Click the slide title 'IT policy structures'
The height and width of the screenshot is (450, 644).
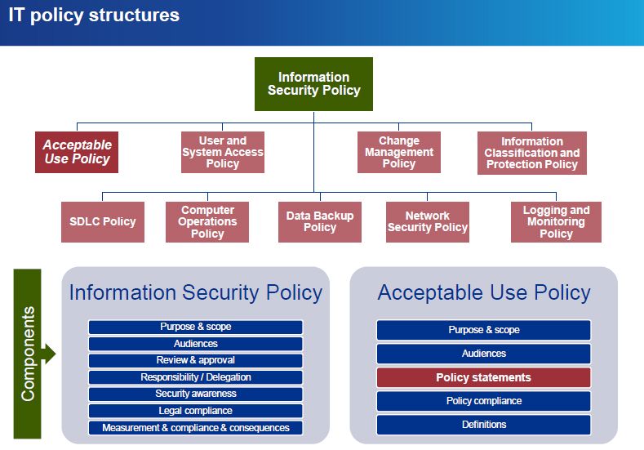(x=94, y=15)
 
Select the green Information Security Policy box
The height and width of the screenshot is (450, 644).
(x=313, y=84)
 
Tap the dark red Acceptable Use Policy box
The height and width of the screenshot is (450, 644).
(x=77, y=152)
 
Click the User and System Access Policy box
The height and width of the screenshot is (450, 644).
(x=222, y=152)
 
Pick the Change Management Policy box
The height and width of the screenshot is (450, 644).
(x=398, y=152)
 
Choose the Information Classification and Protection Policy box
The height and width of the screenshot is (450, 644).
(x=531, y=153)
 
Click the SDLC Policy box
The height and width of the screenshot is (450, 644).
(x=102, y=221)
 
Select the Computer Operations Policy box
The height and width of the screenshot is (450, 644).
(x=207, y=222)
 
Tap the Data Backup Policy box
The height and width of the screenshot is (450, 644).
(x=319, y=222)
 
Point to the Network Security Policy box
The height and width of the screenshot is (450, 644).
(x=427, y=222)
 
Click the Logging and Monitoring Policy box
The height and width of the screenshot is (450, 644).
(x=556, y=222)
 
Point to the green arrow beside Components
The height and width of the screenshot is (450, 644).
(x=49, y=354)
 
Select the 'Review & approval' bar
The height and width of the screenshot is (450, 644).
(x=195, y=360)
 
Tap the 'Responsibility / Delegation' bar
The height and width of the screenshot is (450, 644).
(x=195, y=377)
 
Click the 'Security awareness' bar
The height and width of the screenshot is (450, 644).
(x=195, y=394)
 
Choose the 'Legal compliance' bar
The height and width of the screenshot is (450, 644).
(x=195, y=411)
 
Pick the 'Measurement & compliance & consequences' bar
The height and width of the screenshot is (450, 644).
(x=195, y=428)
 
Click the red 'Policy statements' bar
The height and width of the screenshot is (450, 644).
(x=483, y=377)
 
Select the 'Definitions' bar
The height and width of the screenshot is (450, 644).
(x=483, y=425)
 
